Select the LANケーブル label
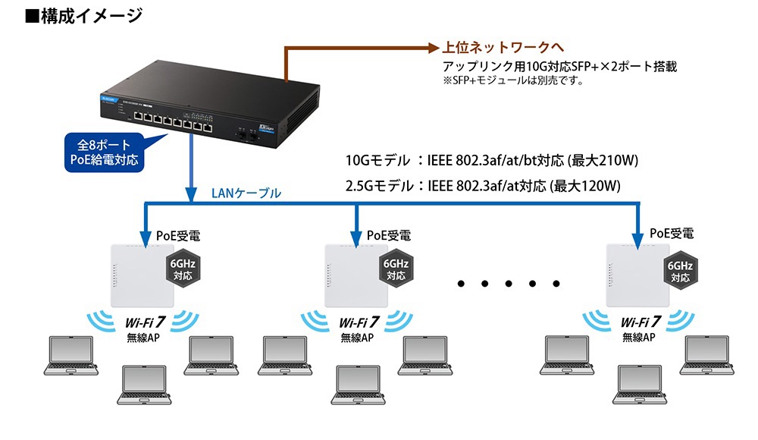(246, 193)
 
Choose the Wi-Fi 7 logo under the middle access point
(359, 322)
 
